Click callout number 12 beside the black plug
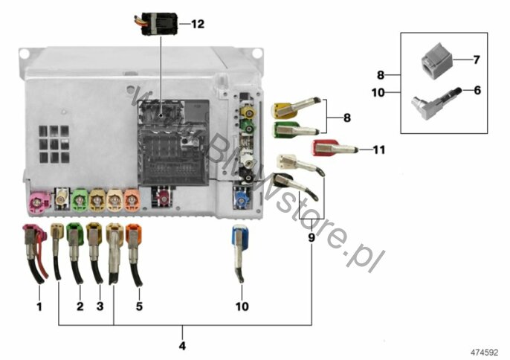198,24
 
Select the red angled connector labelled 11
335,148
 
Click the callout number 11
379,150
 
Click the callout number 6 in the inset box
477,91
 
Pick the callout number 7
477,60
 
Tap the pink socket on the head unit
39,203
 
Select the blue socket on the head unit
242,199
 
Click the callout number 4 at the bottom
182,346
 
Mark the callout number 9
312,238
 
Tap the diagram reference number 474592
484,353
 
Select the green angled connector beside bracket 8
295,129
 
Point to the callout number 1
39,306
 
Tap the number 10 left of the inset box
378,93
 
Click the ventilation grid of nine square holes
54,144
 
